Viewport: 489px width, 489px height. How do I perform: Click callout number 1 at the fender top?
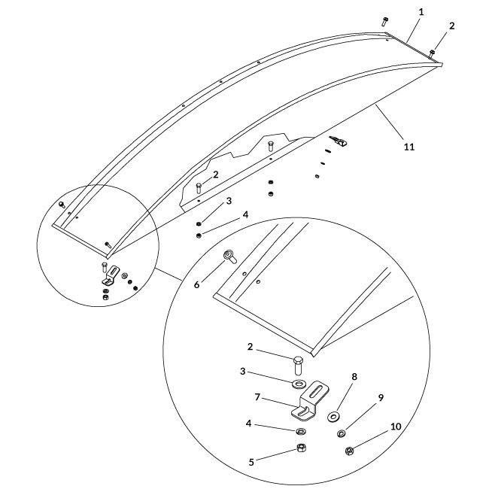coord(421,13)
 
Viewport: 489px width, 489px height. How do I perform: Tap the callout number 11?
coord(409,147)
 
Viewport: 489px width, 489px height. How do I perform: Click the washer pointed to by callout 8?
coord(333,415)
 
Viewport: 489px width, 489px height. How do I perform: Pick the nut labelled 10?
coord(349,451)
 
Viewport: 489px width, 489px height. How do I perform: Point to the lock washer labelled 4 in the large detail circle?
coord(299,431)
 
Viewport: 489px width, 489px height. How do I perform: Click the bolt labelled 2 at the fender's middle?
coord(199,188)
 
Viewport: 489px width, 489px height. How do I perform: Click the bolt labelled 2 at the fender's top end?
coord(433,53)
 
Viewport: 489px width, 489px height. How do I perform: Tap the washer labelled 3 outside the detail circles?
coord(198,223)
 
